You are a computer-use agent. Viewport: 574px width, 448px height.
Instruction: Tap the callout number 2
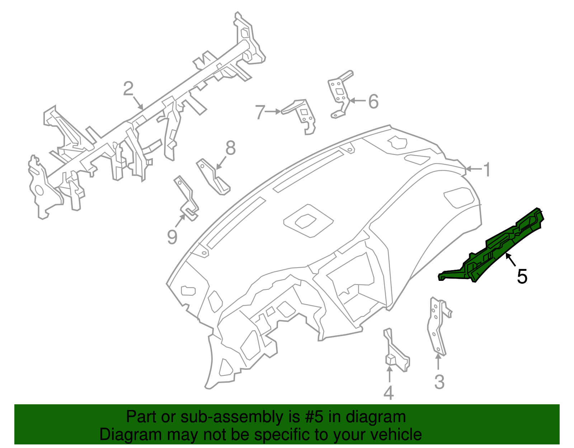[128, 89]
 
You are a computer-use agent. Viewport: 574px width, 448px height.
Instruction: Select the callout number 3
[439, 382]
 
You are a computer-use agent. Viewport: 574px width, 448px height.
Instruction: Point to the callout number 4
[389, 393]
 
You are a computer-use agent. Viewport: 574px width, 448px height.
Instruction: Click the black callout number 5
[522, 277]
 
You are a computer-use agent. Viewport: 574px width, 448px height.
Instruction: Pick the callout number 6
[373, 102]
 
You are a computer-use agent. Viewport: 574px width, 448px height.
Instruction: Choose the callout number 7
[260, 112]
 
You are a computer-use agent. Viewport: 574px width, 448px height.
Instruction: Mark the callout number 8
[230, 148]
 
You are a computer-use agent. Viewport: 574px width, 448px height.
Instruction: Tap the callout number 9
[172, 237]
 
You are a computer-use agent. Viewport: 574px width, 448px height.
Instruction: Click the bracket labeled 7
[303, 114]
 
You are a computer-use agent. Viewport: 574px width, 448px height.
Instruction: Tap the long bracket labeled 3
[438, 326]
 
